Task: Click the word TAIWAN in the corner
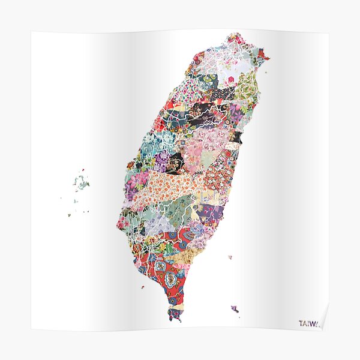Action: coord(310,323)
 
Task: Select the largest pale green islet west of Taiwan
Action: coord(80,181)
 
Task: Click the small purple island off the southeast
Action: coord(235,310)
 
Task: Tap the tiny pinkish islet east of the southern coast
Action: coord(229,257)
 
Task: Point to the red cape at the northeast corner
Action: coord(264,58)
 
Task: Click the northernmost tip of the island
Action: coord(236,34)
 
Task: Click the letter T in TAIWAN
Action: coord(301,323)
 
